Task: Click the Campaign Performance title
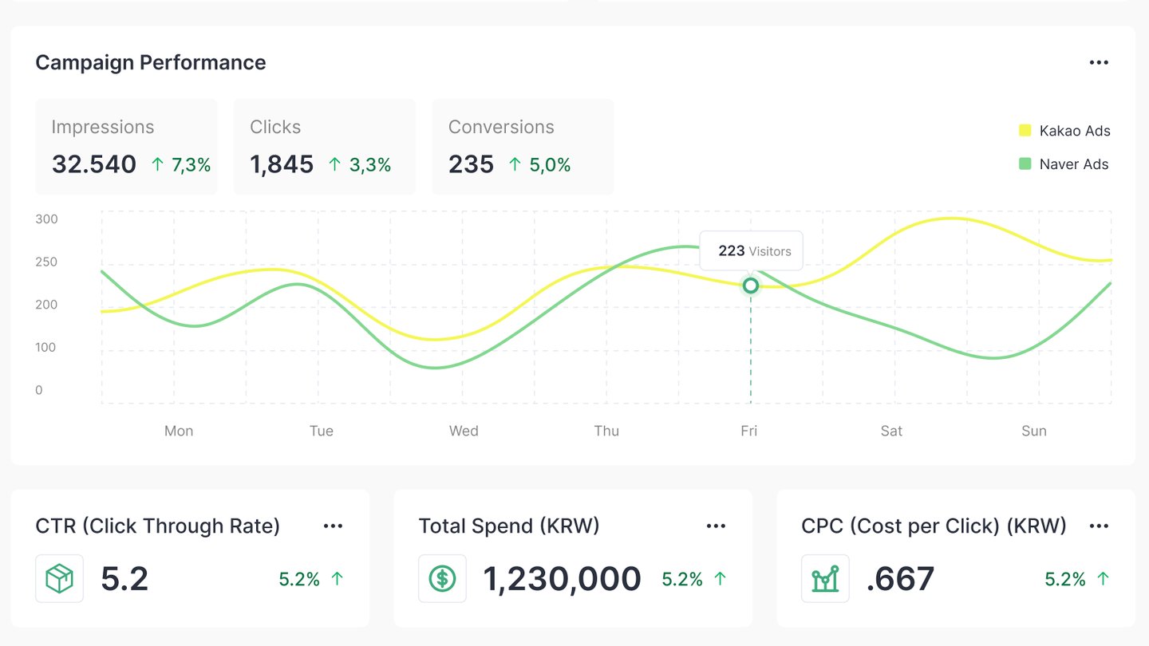click(151, 63)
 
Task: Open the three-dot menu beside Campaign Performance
click(1099, 63)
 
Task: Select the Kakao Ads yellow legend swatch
click(1025, 131)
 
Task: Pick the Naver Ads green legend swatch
click(1025, 164)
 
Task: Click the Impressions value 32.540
click(94, 164)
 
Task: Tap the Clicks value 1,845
click(282, 164)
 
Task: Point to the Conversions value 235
click(471, 164)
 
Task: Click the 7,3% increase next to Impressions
click(181, 165)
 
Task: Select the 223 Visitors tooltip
click(752, 251)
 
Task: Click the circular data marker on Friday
click(750, 286)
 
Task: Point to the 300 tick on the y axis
click(47, 219)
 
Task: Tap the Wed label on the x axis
click(464, 431)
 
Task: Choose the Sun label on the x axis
click(1034, 431)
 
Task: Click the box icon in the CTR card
click(60, 579)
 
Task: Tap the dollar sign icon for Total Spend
click(443, 579)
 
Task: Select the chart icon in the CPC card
click(826, 579)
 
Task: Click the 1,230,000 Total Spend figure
click(563, 579)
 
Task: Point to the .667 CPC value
click(900, 579)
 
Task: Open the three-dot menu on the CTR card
click(333, 526)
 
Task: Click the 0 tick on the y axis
click(39, 390)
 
